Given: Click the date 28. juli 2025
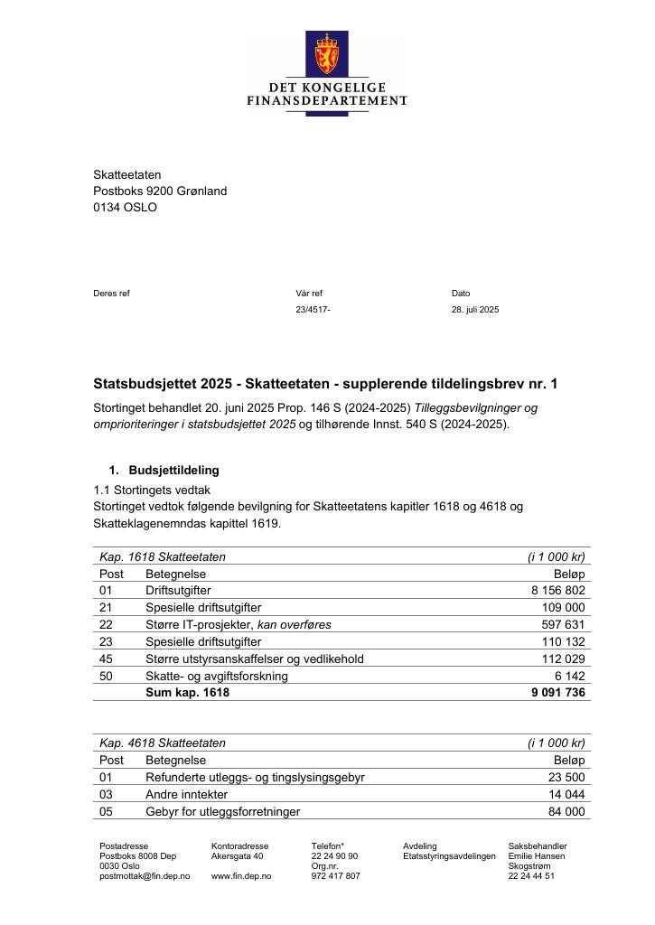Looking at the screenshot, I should pyautogui.click(x=475, y=310).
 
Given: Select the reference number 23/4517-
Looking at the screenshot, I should pyautogui.click(x=313, y=310).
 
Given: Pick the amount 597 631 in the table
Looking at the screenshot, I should pyautogui.click(x=563, y=624).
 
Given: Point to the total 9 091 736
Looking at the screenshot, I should pyautogui.click(x=558, y=693).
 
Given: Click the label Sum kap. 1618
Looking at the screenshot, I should pyautogui.click(x=187, y=693).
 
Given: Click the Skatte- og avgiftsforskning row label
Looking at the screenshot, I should pyautogui.click(x=217, y=676).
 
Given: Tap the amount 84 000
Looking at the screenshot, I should pyautogui.click(x=566, y=812).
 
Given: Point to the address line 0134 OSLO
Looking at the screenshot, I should pyautogui.click(x=125, y=207).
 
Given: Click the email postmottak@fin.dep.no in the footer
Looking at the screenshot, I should pyautogui.click(x=145, y=876).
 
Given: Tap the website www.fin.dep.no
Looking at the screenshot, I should pyautogui.click(x=238, y=876).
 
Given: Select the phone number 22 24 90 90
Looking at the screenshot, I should pyautogui.click(x=334, y=856).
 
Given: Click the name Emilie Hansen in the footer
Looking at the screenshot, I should pyautogui.click(x=537, y=856).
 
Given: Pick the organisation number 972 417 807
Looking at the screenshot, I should pyautogui.click(x=335, y=876).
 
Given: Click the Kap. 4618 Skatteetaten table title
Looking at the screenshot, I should pyautogui.click(x=163, y=743).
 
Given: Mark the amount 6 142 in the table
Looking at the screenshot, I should pyautogui.click(x=570, y=676).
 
